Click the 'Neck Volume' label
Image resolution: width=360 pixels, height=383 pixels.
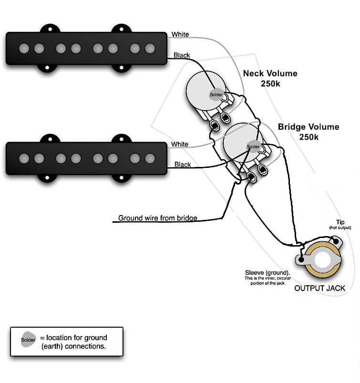coord(270,73)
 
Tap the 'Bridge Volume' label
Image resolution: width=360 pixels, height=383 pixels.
coord(309,127)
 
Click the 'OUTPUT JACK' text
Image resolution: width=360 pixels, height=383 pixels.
coord(319,288)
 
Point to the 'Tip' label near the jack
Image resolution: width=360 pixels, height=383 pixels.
coord(340,222)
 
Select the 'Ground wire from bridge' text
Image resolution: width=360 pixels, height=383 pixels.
coord(157,218)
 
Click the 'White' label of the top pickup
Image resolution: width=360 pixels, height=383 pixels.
coord(180,34)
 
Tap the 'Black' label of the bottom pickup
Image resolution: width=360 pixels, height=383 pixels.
coord(183,165)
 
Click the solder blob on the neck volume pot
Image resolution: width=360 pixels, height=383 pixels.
coord(216,94)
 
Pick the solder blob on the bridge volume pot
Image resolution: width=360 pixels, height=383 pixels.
coord(253,146)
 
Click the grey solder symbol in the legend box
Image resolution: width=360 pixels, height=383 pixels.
coord(28,340)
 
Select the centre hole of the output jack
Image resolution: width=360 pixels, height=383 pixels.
coord(322,260)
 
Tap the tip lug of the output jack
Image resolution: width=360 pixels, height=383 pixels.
coord(336,241)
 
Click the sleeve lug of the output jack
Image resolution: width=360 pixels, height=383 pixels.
coord(301,260)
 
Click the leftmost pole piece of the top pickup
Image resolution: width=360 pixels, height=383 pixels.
coord(24,48)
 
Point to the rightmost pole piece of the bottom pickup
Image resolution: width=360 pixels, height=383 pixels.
coord(150,158)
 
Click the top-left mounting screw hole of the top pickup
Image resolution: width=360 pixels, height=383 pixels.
coord(50,29)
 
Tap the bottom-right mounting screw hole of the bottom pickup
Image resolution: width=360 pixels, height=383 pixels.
coord(122,177)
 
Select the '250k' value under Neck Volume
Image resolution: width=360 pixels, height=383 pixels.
coord(270,83)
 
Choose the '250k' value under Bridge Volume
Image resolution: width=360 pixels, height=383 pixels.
coord(309,137)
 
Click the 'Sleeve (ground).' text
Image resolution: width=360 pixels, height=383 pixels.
coord(267,273)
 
